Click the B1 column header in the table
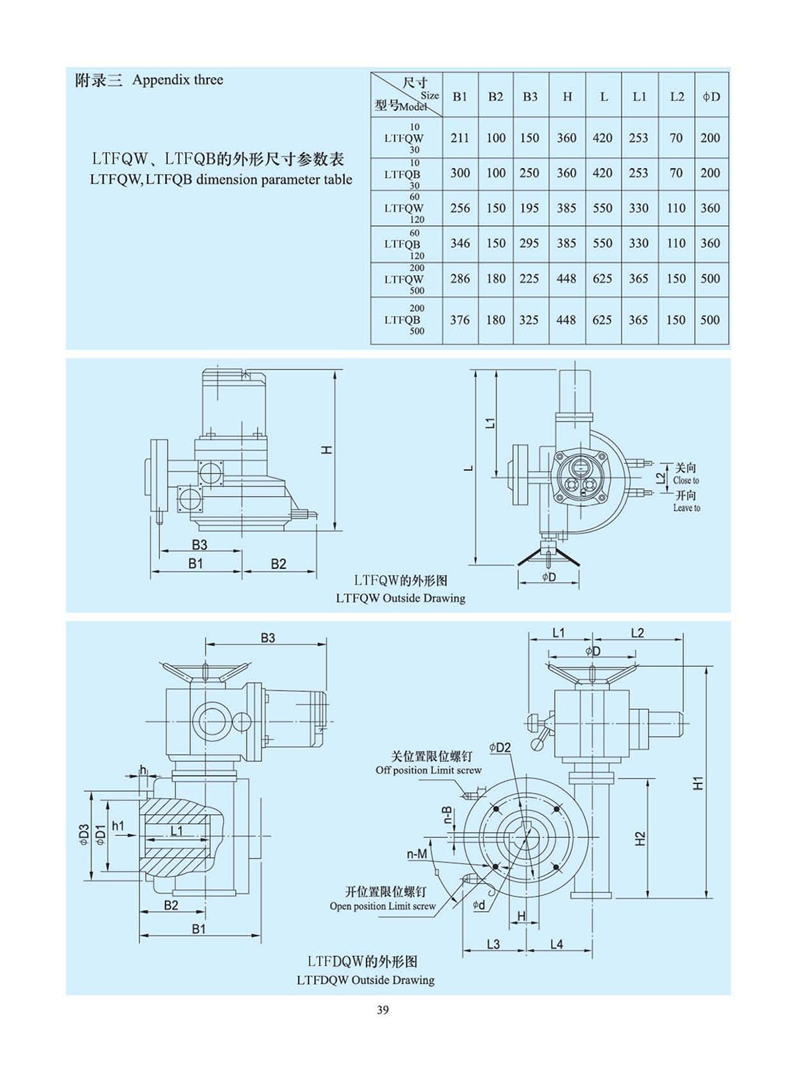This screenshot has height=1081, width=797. pos(460,97)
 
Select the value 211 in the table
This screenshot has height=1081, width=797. pos(460,138)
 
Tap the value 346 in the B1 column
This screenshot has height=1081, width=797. pos(460,244)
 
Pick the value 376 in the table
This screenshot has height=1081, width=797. pos(460,320)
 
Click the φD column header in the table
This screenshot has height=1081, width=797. pos(711,97)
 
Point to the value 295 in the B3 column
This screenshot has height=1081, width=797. pos(529,244)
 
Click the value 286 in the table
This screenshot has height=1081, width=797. pos(460,279)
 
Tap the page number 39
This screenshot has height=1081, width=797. pos(383,1010)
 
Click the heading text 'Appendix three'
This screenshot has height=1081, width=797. pos(177,80)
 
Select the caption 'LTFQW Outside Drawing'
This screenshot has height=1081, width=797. pos(400,598)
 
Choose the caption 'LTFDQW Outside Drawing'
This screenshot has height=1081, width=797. pos(365,980)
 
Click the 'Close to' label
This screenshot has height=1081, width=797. pos(686,481)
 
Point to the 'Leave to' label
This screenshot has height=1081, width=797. pos(687,509)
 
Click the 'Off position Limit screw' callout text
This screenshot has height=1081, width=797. pos(428,770)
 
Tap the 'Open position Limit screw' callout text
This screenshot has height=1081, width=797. pos(383,906)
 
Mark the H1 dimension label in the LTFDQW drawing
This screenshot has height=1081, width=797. pos(697,783)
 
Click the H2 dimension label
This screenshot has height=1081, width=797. pos(640,839)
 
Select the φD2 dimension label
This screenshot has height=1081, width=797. pos(500,748)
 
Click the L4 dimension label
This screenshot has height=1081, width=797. pos(557,944)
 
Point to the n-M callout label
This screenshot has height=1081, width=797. pos(417,855)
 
